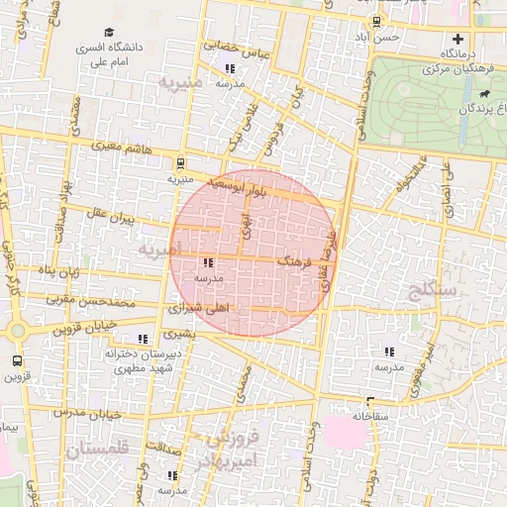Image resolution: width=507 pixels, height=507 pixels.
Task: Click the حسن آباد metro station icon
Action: [x=375, y=23]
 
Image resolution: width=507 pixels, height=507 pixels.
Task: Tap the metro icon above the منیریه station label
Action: [x=180, y=163]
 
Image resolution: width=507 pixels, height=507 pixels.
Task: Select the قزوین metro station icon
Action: [x=16, y=361]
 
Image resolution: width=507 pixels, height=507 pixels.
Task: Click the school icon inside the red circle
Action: [x=208, y=263]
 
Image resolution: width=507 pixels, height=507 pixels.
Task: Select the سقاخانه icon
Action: [x=369, y=402]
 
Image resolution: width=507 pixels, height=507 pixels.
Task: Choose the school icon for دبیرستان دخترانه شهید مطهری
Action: [x=145, y=339]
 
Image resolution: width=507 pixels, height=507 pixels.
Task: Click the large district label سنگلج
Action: [x=433, y=289]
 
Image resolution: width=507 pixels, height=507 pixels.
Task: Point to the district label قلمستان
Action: [x=98, y=449]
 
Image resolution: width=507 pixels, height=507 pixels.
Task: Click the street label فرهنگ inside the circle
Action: [x=296, y=263]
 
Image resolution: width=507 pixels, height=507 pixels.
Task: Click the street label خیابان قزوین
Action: [x=93, y=325]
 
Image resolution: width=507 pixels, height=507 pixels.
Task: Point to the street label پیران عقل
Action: [x=108, y=215]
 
